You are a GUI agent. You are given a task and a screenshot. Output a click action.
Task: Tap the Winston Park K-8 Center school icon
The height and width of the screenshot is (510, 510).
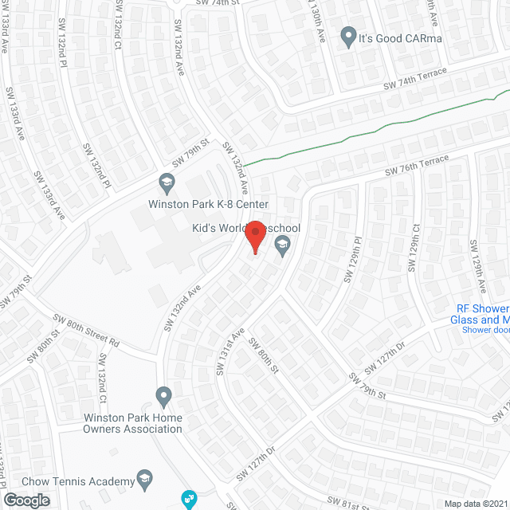(167, 184)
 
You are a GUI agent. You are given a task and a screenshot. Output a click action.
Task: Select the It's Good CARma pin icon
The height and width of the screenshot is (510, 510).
(348, 37)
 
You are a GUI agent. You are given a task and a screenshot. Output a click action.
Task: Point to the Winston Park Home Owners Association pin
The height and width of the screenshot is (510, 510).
(163, 395)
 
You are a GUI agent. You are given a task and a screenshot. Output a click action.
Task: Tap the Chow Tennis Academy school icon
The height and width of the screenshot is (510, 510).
(144, 479)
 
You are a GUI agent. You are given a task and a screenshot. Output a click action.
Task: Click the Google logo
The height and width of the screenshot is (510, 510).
(25, 500)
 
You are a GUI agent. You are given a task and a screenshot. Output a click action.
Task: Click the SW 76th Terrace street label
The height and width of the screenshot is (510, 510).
(417, 167)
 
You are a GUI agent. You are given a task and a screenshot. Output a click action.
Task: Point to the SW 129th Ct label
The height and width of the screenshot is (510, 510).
(414, 248)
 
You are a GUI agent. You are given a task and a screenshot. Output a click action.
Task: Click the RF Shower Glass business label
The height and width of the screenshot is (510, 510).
(482, 314)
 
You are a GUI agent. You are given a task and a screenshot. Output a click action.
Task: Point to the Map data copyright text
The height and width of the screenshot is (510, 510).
(475, 504)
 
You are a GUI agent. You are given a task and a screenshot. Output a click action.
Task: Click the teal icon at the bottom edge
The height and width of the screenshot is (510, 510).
(189, 500)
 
